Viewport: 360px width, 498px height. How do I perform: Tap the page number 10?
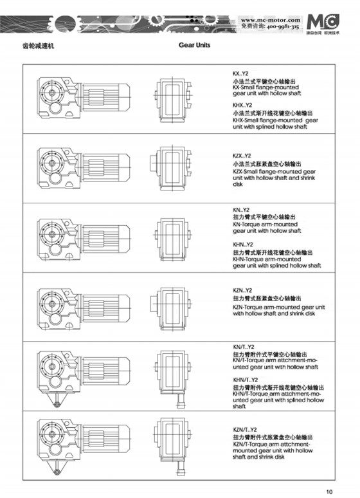coord(329,492)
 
